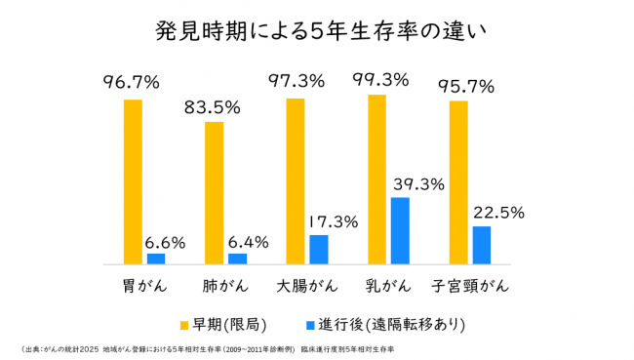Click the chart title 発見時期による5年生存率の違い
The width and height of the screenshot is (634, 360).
tap(316, 30)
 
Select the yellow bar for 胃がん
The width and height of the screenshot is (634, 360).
tap(133, 181)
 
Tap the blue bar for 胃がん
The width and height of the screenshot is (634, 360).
tap(156, 259)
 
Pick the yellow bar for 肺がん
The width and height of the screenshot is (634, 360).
tap(214, 193)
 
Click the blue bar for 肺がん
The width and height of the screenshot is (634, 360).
tap(237, 259)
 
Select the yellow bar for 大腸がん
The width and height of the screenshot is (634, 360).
tap(296, 180)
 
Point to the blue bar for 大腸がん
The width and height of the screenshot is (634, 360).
tap(319, 250)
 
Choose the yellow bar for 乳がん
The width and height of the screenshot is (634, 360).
tap(376, 180)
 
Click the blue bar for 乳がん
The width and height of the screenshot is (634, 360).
tap(400, 230)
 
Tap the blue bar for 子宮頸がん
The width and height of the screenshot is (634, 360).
tap(482, 245)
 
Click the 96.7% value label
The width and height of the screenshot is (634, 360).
tap(132, 83)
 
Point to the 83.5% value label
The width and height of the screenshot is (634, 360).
tap(213, 107)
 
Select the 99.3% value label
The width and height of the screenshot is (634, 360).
tap(376, 80)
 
